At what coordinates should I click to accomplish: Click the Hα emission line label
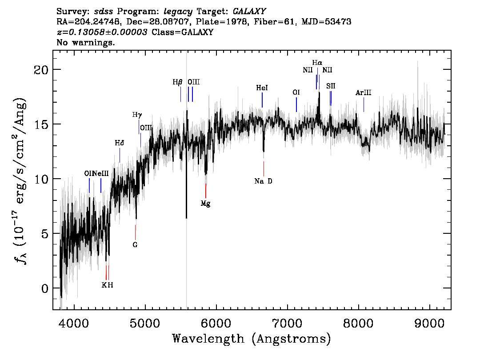point(317,63)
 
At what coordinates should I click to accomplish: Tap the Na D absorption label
point(263,181)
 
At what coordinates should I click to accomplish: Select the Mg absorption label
point(205,204)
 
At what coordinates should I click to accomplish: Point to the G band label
point(135,245)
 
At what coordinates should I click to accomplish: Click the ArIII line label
point(363,93)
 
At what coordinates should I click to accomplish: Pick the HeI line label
point(262,88)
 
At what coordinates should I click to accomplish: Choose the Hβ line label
point(177,82)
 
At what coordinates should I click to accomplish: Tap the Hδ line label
point(120,143)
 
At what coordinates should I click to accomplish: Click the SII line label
point(331,86)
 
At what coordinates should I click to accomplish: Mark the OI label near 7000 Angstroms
point(296,92)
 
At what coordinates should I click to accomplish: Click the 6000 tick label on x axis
point(216,323)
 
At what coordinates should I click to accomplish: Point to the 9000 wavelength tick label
point(429,323)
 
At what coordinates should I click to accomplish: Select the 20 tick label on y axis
point(41,70)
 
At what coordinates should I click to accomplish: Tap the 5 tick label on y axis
point(45,234)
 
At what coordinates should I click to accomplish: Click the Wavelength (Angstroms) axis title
point(252,339)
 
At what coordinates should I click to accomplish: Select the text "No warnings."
point(85,42)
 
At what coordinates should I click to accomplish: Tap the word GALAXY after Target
point(249,12)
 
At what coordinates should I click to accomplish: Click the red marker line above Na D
point(264,168)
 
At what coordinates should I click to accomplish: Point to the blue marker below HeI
point(262,100)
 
